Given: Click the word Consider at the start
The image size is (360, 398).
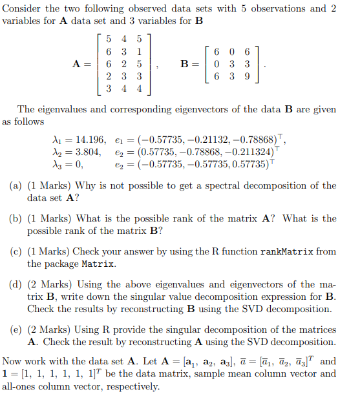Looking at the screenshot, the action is (23, 8).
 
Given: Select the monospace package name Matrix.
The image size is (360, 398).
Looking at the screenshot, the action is (97, 264).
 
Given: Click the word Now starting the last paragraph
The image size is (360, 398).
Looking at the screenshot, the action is (13, 362).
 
